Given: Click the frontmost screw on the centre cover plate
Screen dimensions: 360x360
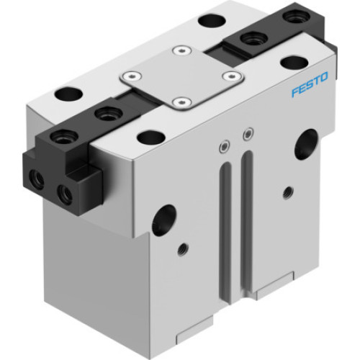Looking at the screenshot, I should pyautogui.click(x=181, y=102).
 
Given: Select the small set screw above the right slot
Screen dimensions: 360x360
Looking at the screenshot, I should pyautogui.click(x=248, y=133).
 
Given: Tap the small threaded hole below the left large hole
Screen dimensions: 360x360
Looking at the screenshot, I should pyautogui.click(x=182, y=250).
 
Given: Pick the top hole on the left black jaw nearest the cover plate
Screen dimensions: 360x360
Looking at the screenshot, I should pyautogui.click(x=107, y=112).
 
